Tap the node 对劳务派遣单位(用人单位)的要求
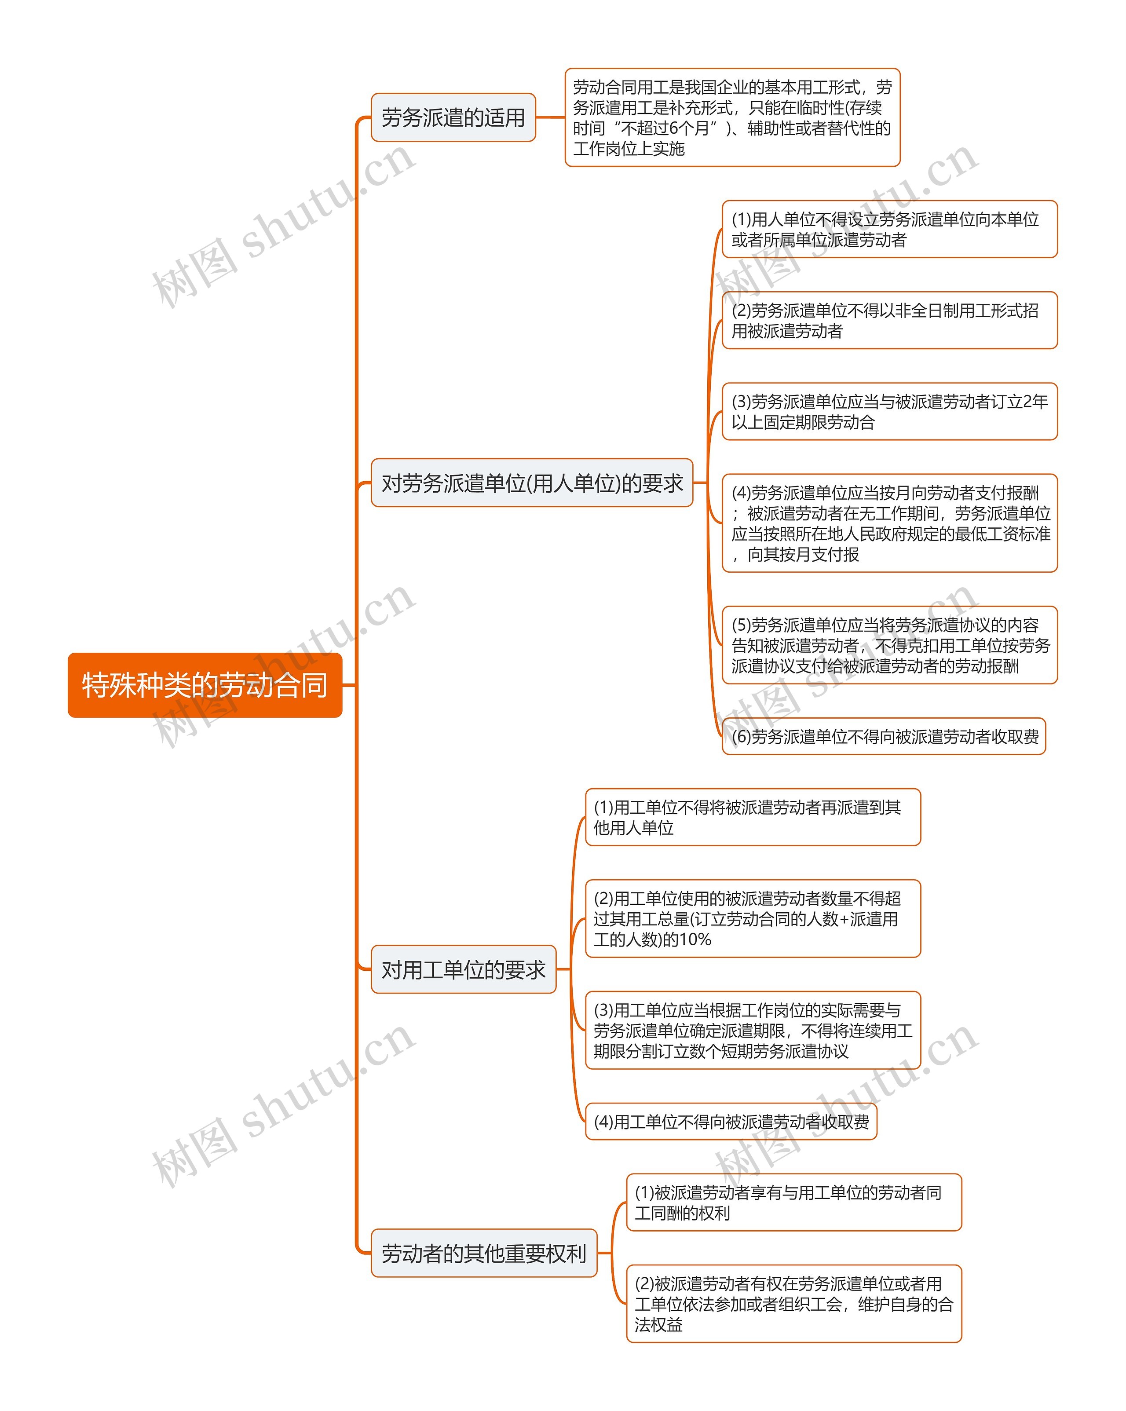[x=532, y=483]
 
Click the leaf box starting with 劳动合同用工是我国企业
[x=732, y=118]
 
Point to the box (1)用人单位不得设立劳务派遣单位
[x=889, y=229]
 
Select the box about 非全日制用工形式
[x=889, y=321]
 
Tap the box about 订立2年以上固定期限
[x=889, y=412]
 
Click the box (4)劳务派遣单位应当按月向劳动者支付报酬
[x=889, y=523]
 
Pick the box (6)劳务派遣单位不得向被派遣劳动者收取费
[x=884, y=736]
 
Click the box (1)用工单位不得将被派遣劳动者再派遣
[x=752, y=817]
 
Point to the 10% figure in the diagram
[x=695, y=940]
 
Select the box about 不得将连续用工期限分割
[x=752, y=1031]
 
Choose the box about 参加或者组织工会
[x=793, y=1304]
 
